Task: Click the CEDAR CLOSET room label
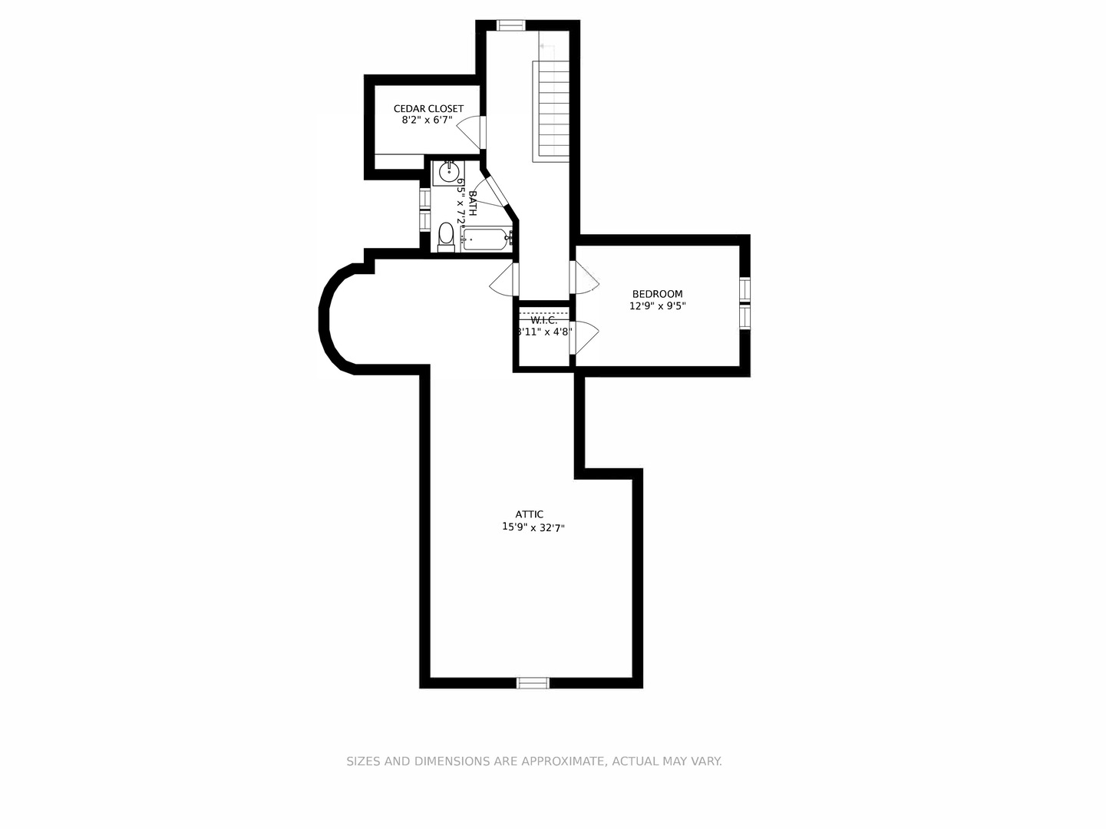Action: pos(428,109)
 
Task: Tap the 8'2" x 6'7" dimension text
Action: pos(427,121)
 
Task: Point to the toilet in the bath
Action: pos(445,237)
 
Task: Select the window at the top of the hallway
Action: pos(510,25)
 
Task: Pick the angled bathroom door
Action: pos(496,191)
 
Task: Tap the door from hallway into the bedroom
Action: pos(585,278)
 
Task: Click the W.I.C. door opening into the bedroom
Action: pos(585,337)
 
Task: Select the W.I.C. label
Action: pos(543,321)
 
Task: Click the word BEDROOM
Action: pos(657,294)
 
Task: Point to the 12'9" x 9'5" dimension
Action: pos(657,306)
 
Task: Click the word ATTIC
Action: pos(530,515)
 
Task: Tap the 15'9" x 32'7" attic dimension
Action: pos(533,527)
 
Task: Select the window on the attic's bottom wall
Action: pos(533,682)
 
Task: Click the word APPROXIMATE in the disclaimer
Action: pos(563,761)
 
